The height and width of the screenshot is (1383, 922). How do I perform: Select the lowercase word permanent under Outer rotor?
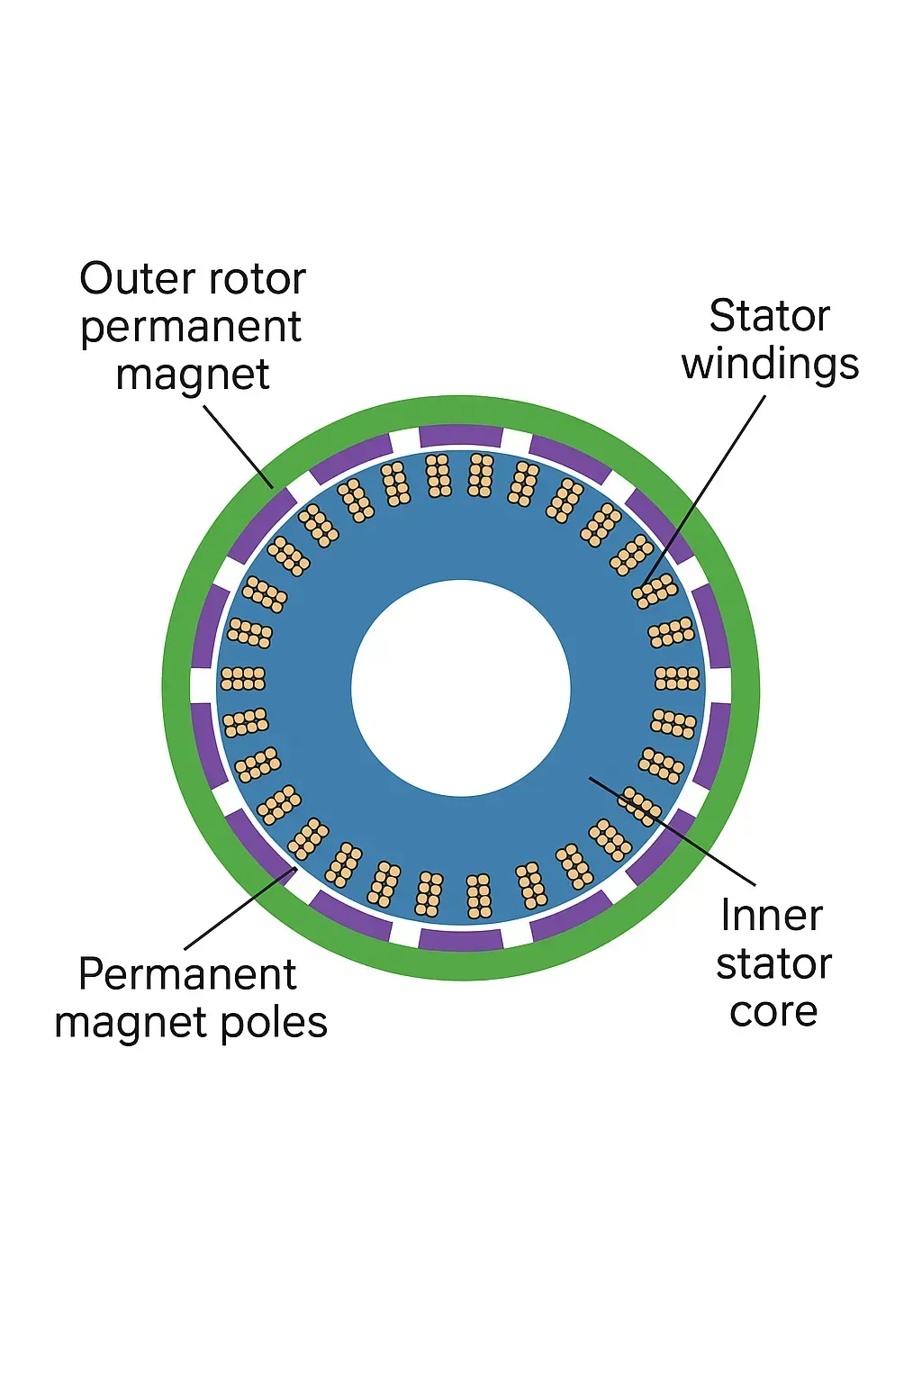(x=191, y=328)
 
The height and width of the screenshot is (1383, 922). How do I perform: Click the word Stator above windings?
(x=769, y=317)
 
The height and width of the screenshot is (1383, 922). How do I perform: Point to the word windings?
(x=770, y=365)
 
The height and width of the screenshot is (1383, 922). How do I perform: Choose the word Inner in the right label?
(x=772, y=917)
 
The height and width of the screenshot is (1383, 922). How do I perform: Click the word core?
(x=773, y=1012)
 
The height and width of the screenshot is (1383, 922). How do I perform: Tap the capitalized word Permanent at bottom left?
(x=187, y=975)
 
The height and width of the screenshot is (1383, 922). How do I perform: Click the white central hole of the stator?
(x=461, y=688)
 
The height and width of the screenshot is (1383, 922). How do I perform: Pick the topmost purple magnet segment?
(x=461, y=436)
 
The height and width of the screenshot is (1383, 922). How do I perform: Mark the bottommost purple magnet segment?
(x=461, y=940)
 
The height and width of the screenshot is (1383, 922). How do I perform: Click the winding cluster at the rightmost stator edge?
(x=677, y=678)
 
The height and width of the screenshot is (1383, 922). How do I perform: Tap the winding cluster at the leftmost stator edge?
(x=243, y=678)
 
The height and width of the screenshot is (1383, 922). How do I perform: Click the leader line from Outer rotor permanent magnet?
(x=239, y=446)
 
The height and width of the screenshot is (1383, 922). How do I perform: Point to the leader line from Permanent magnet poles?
(x=239, y=909)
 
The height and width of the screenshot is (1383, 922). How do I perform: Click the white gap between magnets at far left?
(x=203, y=685)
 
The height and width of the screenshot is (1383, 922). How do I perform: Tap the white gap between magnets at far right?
(x=719, y=685)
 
